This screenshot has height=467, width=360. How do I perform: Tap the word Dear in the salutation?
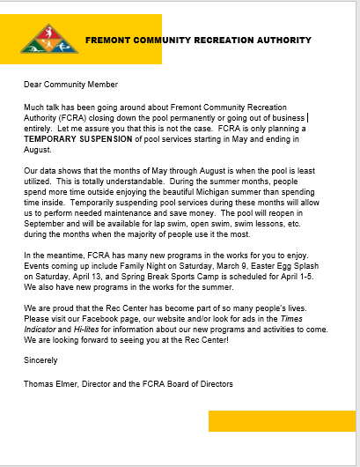[x=33, y=85]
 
